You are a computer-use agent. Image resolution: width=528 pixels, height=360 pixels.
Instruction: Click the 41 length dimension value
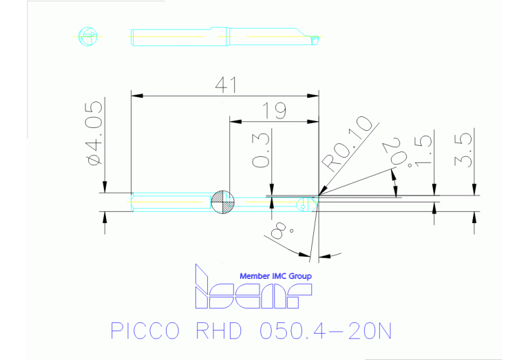point(226,85)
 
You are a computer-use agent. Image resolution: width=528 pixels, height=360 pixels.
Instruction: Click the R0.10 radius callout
point(348,142)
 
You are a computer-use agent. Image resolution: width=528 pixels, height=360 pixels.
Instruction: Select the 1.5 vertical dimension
point(423,151)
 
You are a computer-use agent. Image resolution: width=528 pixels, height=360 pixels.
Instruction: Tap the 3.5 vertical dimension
point(463,151)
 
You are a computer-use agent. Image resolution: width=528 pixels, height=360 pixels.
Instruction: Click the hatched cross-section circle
point(223,202)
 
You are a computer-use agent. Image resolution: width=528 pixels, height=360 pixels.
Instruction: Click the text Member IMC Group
point(275,276)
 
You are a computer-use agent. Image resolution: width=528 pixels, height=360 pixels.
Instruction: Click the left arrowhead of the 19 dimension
point(233,121)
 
